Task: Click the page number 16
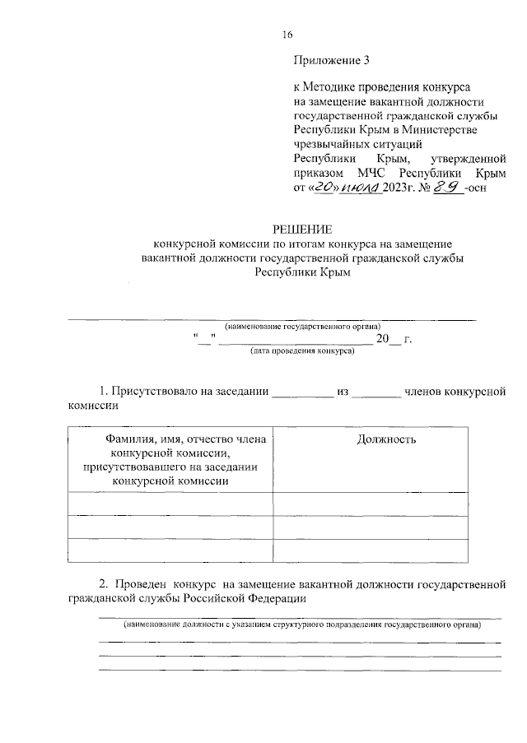tap(287, 34)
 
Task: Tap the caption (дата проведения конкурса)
tap(302, 351)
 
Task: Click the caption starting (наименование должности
tap(302, 625)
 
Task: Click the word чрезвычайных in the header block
tap(329, 143)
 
